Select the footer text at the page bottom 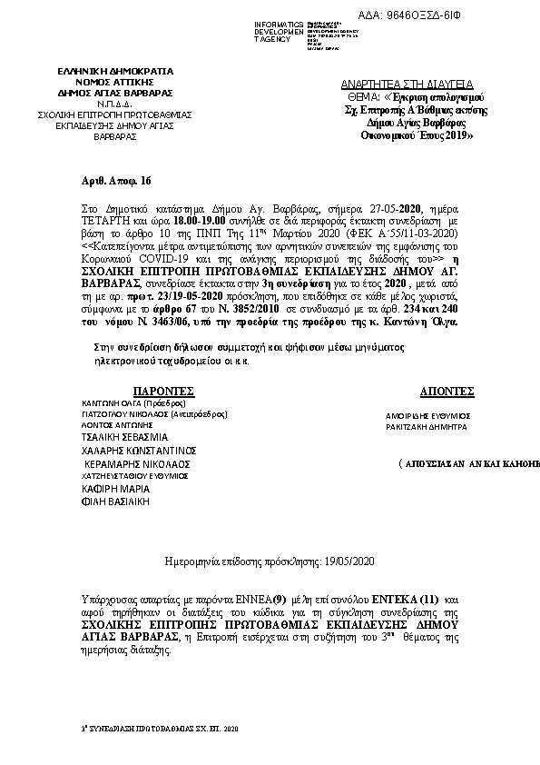pos(158,729)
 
